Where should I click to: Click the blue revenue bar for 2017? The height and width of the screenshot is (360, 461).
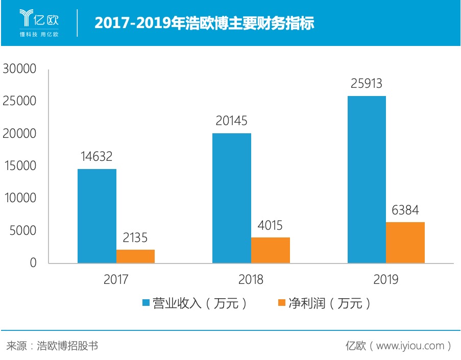point(96,216)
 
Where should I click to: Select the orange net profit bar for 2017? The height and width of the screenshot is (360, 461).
point(135,256)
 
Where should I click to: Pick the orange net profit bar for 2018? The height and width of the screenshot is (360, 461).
point(271,250)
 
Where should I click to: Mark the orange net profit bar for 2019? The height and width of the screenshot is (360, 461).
point(405,243)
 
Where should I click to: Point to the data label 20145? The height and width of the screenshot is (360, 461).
point(232,121)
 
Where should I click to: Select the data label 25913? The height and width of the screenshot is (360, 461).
point(367,84)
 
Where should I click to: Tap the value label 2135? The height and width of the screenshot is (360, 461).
point(135,237)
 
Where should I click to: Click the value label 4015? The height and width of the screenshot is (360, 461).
point(271,225)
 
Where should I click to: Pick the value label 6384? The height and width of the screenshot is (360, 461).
point(405,210)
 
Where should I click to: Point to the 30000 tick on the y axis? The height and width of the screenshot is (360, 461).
point(20,69)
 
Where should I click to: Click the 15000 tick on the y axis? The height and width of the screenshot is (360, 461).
point(20,166)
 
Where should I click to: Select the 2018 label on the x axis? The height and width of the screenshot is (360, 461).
point(251,280)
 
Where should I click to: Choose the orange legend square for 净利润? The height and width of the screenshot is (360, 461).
point(281,303)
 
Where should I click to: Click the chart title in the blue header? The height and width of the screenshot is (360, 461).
point(204,23)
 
